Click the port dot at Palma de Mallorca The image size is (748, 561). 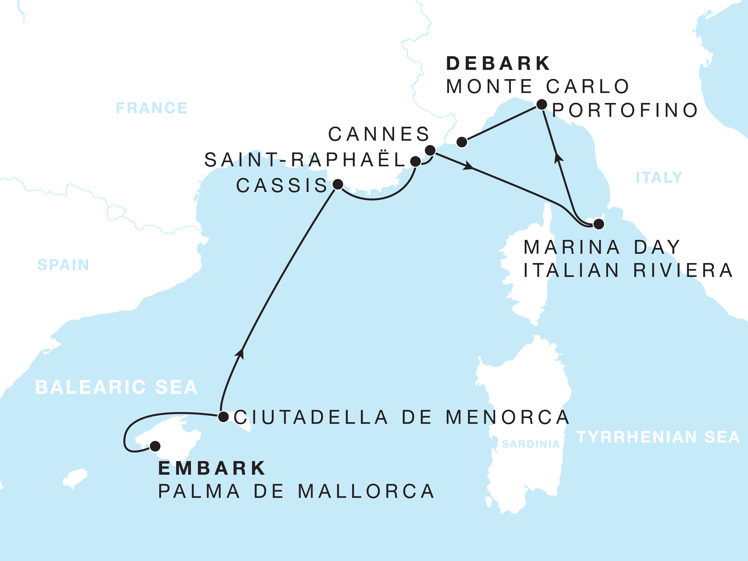(x=155, y=446)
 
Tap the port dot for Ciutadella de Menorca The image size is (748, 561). (x=223, y=417)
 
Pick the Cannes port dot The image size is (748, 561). (x=430, y=150)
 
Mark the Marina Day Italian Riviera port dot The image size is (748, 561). (x=599, y=224)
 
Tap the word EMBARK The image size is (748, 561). (x=212, y=468)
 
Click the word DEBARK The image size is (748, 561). (x=498, y=64)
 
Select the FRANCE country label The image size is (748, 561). (x=151, y=108)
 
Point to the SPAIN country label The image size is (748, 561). (x=63, y=265)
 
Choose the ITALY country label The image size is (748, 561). (x=659, y=177)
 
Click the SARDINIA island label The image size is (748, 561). (x=531, y=444)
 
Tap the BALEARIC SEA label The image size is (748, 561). (x=116, y=387)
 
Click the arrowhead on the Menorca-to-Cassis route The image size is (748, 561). (x=240, y=353)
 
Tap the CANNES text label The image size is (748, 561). (x=379, y=134)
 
